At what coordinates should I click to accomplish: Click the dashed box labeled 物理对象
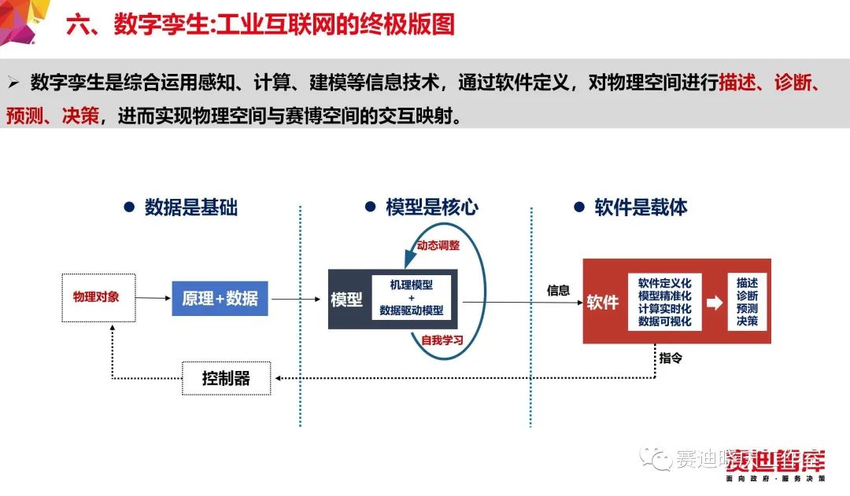(x=98, y=297)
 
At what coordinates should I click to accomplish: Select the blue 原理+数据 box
(x=220, y=299)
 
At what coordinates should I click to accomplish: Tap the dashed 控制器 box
(x=226, y=379)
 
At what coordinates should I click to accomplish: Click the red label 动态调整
(x=438, y=245)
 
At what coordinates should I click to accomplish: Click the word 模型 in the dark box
(x=346, y=299)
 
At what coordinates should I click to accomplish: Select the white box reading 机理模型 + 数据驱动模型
(x=412, y=297)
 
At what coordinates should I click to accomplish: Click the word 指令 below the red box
(x=671, y=358)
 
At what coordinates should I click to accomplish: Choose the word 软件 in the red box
(x=603, y=303)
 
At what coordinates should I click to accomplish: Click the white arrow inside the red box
(x=714, y=303)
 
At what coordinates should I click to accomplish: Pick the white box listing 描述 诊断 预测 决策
(x=747, y=302)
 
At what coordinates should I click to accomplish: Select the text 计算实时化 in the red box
(x=664, y=308)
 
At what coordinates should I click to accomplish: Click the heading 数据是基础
(x=190, y=208)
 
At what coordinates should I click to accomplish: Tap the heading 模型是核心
(x=431, y=208)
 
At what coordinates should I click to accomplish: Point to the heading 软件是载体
(x=641, y=208)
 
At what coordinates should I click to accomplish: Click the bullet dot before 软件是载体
(x=579, y=208)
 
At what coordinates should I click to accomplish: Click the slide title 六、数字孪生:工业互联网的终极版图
(x=261, y=24)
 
